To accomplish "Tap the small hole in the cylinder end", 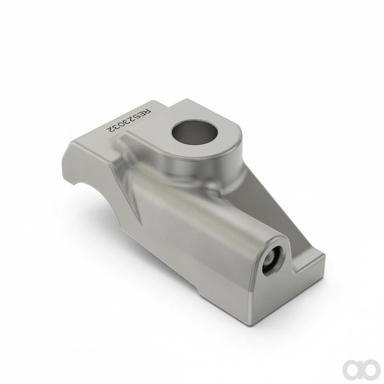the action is pyautogui.click(x=273, y=260).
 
